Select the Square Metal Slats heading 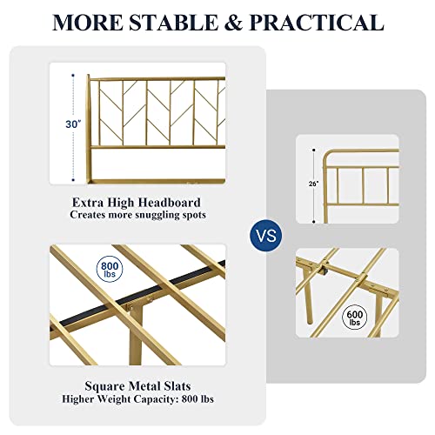click(137, 386)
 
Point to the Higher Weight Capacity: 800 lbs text click(137, 400)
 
